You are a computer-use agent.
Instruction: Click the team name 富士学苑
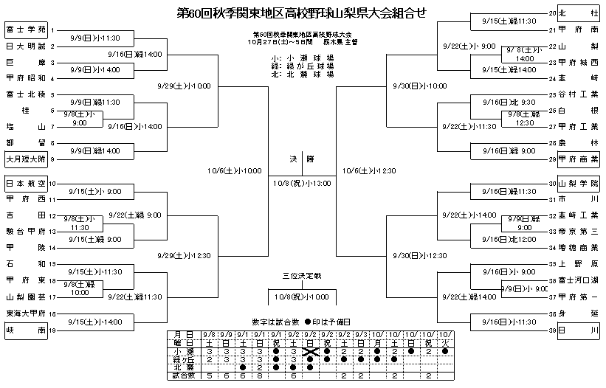[x=26, y=30]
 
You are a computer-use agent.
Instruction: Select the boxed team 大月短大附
[x=26, y=157]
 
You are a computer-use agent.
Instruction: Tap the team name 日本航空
[x=26, y=184]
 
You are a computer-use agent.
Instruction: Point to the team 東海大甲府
[x=26, y=313]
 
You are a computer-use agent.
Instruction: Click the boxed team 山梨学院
[x=578, y=184]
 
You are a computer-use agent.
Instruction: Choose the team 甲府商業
[x=578, y=158]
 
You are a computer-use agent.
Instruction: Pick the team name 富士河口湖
[x=578, y=280]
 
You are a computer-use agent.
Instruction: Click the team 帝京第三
[x=578, y=232]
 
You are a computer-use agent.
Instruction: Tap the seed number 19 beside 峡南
[x=52, y=331]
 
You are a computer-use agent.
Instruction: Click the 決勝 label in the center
[x=301, y=159]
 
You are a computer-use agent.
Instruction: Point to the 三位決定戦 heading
[x=302, y=276]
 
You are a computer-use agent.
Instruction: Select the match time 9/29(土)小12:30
[x=185, y=255]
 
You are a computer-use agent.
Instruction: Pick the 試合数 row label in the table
[x=181, y=375]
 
